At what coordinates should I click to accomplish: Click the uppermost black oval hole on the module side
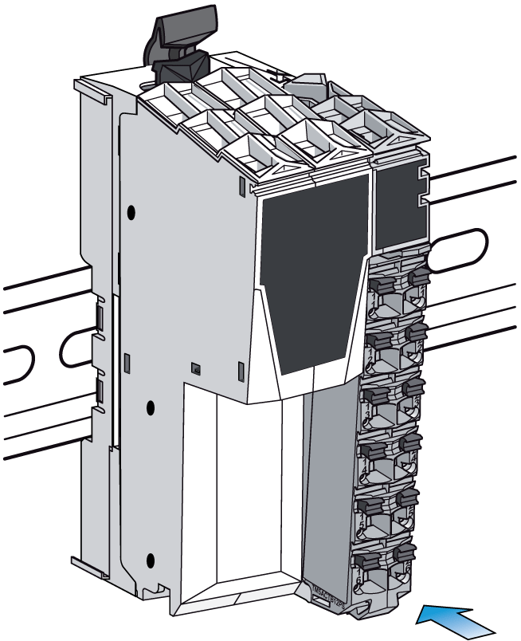131,213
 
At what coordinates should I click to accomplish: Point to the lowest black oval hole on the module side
149,558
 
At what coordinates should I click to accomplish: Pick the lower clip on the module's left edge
100,391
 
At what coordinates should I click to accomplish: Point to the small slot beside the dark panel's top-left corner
241,187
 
